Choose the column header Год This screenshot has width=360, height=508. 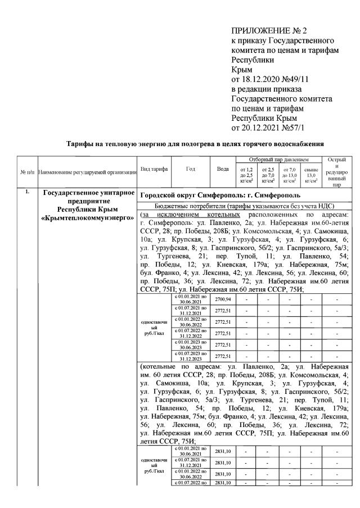pyautogui.click(x=190, y=169)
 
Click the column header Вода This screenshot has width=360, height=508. pyautogui.click(x=222, y=169)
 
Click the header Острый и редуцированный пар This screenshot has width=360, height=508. pyautogui.click(x=336, y=171)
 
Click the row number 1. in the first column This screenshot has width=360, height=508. pyautogui.click(x=26, y=193)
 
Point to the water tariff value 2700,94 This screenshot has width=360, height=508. pyautogui.click(x=223, y=300)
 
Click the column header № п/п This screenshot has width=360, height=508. pyautogui.click(x=27, y=171)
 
